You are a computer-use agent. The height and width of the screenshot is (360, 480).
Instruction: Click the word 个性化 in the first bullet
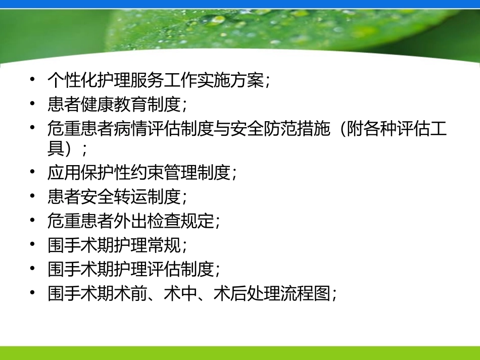[x=72, y=80]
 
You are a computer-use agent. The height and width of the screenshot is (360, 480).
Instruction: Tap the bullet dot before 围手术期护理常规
[x=32, y=244]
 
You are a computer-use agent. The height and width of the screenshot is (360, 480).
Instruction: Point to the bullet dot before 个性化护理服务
[x=32, y=80]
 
